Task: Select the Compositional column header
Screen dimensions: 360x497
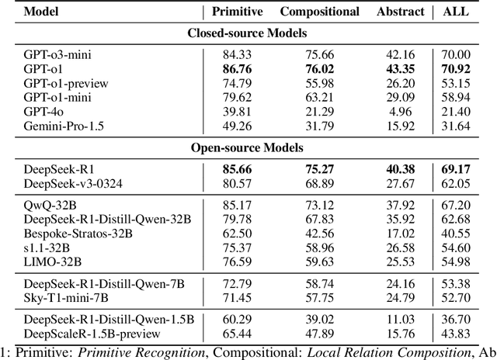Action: coord(319,12)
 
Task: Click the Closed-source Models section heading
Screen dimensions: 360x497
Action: coord(248,33)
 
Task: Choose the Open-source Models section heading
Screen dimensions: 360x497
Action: coord(248,147)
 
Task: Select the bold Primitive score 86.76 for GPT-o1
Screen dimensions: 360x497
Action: coord(233,68)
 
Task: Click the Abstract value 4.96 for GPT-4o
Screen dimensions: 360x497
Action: coord(405,110)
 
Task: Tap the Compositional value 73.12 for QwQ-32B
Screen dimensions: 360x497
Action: coord(320,203)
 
